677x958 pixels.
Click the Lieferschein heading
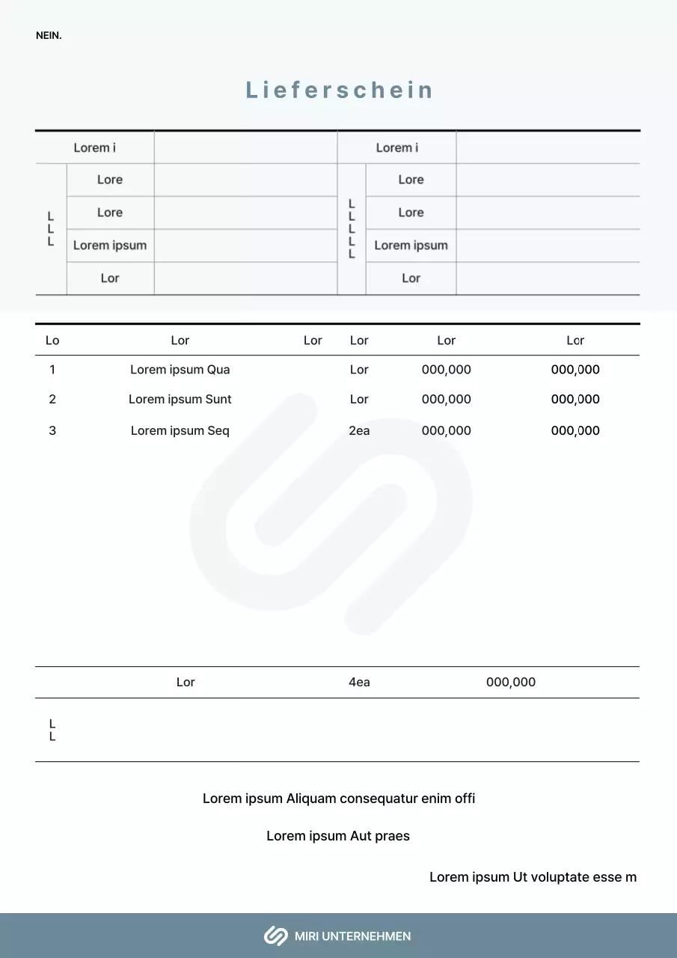[x=340, y=91]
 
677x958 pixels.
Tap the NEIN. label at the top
[x=49, y=35]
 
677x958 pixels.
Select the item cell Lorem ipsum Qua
[x=180, y=370]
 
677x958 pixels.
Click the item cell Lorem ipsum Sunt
[x=180, y=400]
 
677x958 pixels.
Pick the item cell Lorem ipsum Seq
[x=180, y=431]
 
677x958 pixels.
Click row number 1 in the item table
[x=52, y=370]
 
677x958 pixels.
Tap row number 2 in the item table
[x=52, y=400]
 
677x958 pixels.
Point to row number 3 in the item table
[x=52, y=431]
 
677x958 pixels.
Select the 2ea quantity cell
[x=359, y=431]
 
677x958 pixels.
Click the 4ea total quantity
[x=359, y=683]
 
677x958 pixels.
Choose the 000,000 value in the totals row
[x=511, y=683]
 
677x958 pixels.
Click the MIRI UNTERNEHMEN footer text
[x=352, y=936]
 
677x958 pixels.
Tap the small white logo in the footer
[x=275, y=936]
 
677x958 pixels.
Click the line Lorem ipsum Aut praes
[x=338, y=836]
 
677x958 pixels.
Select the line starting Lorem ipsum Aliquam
[x=339, y=799]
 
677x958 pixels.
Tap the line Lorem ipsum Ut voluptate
[x=533, y=877]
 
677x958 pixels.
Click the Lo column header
[x=52, y=341]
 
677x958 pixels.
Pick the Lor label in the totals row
[x=186, y=683]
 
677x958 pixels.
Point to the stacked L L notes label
[x=52, y=730]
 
